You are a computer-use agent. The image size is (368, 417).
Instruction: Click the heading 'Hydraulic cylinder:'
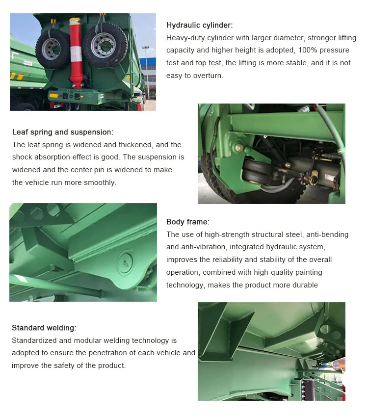[199, 25]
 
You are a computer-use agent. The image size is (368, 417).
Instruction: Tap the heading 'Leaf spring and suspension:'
[63, 132]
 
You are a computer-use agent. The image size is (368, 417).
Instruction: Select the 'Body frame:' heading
[188, 222]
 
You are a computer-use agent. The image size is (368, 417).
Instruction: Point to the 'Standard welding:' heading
[44, 328]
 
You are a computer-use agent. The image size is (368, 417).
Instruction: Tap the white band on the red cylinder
[76, 54]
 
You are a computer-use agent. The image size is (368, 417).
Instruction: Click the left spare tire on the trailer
[53, 49]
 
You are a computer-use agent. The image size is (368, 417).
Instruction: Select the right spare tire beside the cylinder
[105, 45]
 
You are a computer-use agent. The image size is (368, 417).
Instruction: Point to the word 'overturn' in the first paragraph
[207, 76]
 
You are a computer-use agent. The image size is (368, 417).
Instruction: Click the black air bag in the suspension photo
[256, 173]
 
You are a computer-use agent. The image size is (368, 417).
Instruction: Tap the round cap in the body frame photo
[125, 263]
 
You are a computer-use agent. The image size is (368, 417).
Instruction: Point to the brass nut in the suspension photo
[238, 147]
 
